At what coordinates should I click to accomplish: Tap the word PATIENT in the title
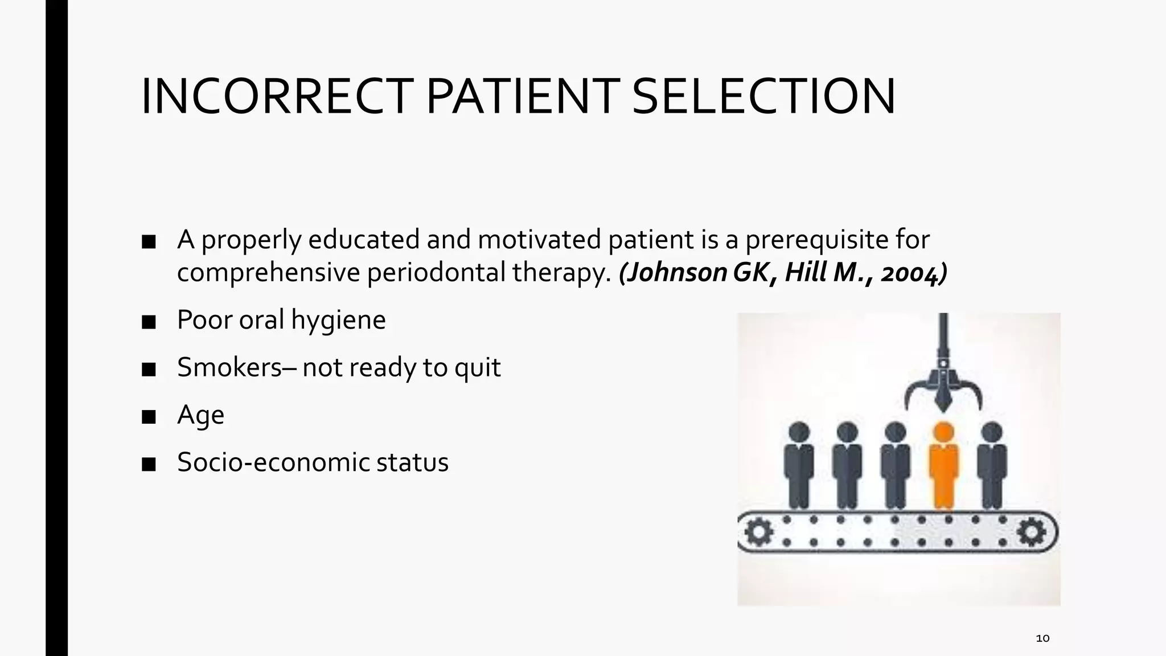(x=523, y=97)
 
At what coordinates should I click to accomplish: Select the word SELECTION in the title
(x=763, y=97)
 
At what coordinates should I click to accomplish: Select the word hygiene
(x=338, y=320)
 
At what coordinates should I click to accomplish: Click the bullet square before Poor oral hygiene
(x=149, y=322)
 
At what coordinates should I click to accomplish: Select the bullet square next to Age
(x=149, y=417)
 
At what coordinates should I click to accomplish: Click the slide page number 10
(x=1042, y=638)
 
